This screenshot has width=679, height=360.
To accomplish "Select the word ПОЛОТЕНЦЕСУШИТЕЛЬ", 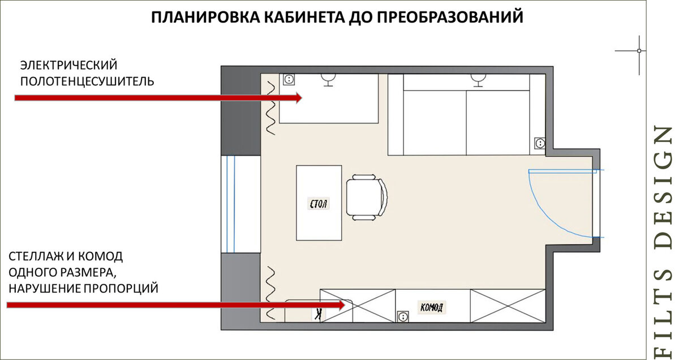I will point(87,80).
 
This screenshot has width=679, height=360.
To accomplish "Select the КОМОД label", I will point(432,307).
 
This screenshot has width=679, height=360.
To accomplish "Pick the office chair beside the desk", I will point(367,198).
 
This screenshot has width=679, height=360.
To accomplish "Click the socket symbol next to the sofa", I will point(539,143).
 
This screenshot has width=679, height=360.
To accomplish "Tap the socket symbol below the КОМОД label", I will point(403,316).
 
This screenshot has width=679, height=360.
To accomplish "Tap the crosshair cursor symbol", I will point(639,51).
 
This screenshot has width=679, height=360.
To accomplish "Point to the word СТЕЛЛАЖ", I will point(35,255).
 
